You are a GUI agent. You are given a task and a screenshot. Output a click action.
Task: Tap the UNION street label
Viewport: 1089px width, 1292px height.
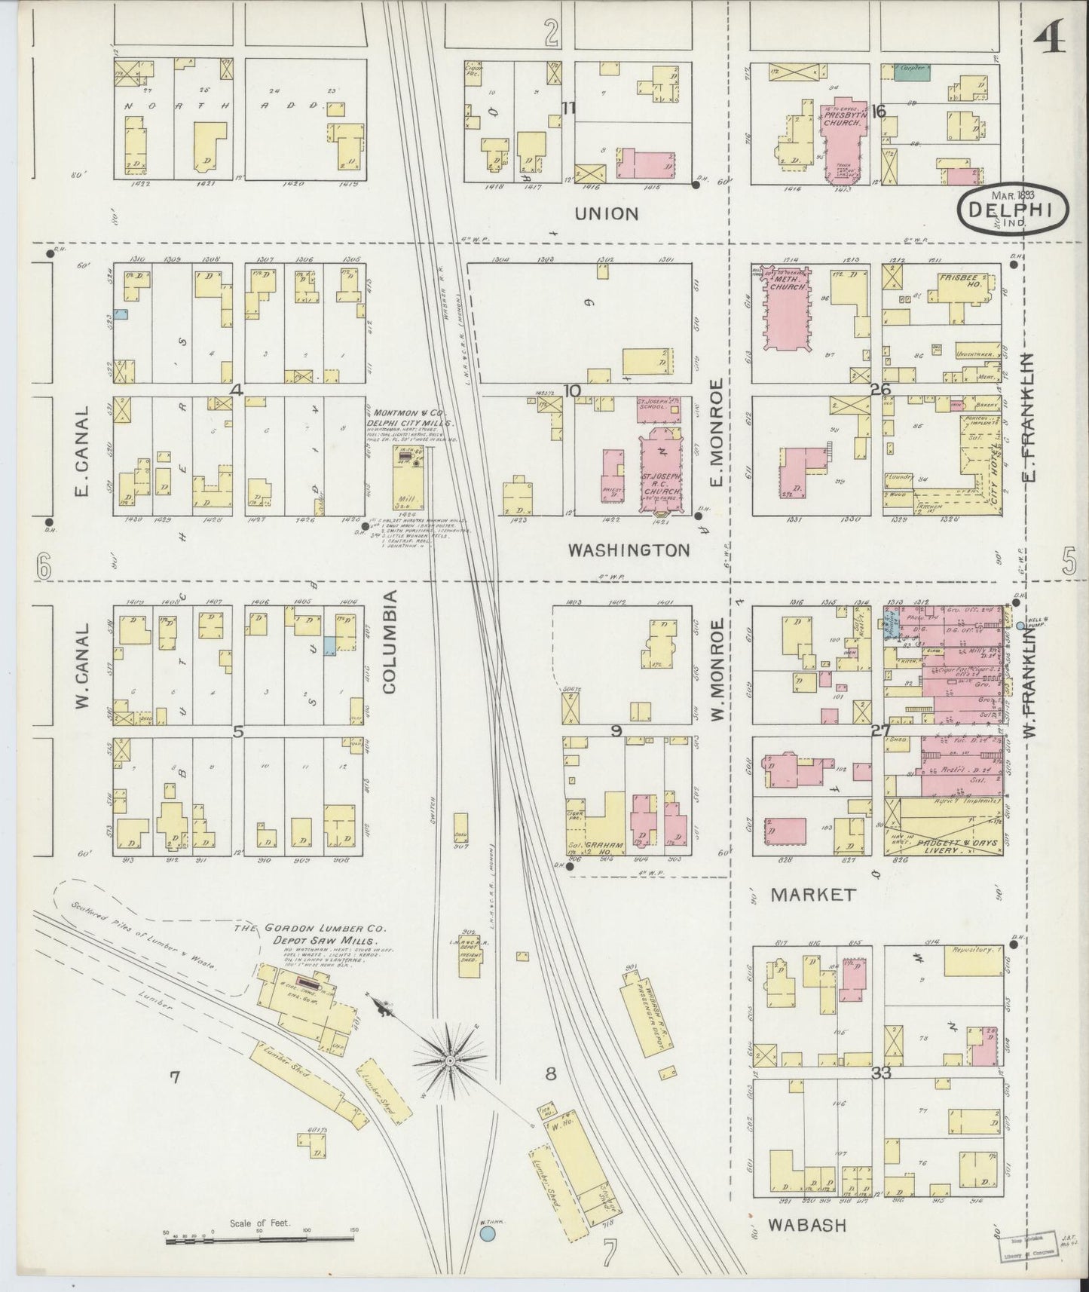click(x=606, y=214)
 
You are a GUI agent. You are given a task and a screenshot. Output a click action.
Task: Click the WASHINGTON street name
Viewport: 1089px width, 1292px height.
click(x=629, y=550)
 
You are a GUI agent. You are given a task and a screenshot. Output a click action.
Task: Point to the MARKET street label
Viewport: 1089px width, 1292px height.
click(x=813, y=895)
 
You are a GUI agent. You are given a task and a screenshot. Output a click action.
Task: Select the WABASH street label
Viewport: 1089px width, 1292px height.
click(x=807, y=1226)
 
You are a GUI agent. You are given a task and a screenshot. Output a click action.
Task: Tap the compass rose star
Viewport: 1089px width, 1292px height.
click(x=450, y=1061)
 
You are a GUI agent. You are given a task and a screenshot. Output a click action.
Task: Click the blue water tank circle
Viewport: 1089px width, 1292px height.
click(x=488, y=1233)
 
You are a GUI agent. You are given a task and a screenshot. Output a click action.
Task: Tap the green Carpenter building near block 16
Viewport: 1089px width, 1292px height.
click(x=912, y=72)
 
